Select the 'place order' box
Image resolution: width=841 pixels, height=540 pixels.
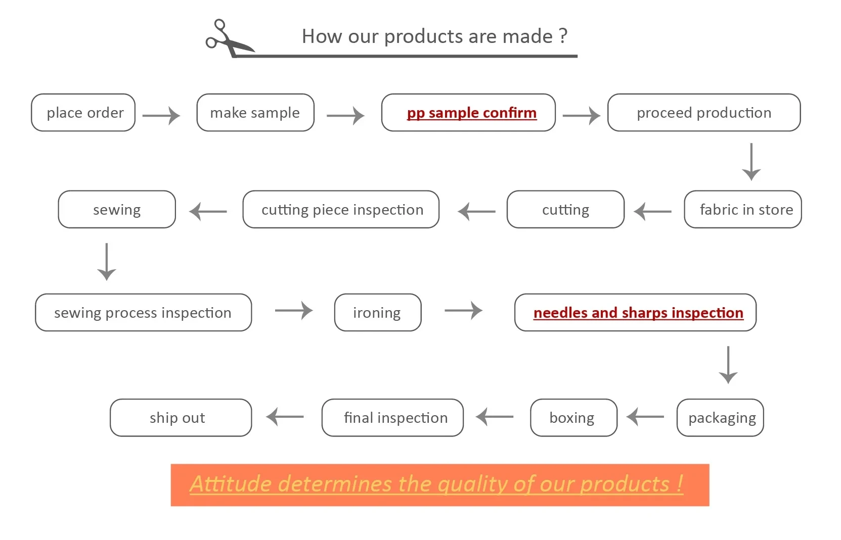(x=83, y=113)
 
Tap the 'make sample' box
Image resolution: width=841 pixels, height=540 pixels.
(x=255, y=113)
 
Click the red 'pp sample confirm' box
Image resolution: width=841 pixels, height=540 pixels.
(x=468, y=113)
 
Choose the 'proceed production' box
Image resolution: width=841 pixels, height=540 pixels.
(x=703, y=113)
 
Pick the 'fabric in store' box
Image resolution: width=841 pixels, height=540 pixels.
(x=742, y=210)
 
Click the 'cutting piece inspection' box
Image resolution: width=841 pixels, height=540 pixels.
(x=341, y=210)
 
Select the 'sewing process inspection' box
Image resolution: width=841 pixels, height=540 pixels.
(x=143, y=313)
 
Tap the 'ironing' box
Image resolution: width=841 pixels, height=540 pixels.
(x=377, y=313)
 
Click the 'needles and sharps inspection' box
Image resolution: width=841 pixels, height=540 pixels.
(x=635, y=313)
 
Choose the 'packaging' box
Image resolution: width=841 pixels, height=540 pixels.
(x=720, y=418)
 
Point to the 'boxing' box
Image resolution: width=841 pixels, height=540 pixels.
(x=573, y=418)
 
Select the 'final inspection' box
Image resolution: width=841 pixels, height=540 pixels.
(x=392, y=418)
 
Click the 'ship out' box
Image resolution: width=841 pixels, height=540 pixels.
(x=181, y=418)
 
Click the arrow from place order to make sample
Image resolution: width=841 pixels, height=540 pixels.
(x=161, y=116)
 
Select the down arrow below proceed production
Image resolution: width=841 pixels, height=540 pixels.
(x=751, y=162)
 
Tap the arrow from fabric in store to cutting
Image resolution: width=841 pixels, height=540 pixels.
(x=653, y=212)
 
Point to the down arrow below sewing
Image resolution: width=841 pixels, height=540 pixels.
(x=107, y=262)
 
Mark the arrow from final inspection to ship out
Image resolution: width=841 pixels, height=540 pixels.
(x=285, y=417)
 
